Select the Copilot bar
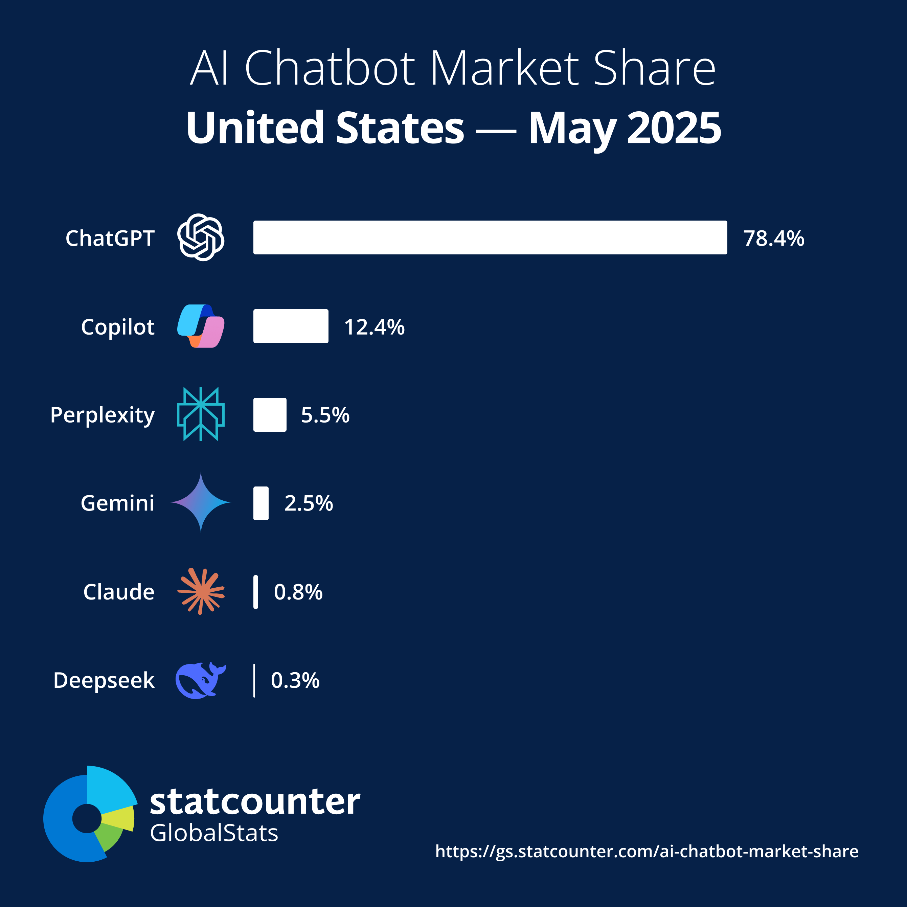(x=291, y=326)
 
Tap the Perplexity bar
(x=270, y=414)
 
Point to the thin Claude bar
(x=255, y=592)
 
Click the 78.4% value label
(x=773, y=239)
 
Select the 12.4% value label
(x=374, y=327)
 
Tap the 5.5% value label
(x=325, y=415)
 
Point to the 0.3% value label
(x=295, y=680)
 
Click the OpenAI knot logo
(x=201, y=237)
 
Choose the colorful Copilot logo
(x=201, y=326)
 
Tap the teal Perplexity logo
(x=201, y=414)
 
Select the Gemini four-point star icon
(x=201, y=502)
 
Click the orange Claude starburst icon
(x=201, y=591)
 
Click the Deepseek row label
(x=104, y=680)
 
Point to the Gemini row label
(x=117, y=503)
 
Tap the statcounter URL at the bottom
(x=647, y=851)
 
